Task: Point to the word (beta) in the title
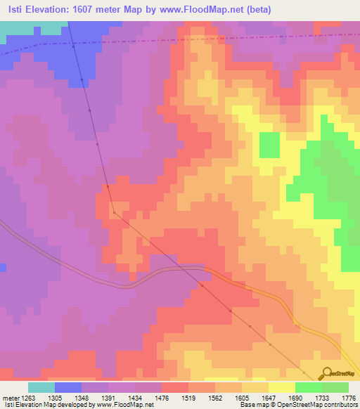271,9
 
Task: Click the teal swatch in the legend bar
41,387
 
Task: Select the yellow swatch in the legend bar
282,387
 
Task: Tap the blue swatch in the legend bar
68,387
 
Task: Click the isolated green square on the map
269,144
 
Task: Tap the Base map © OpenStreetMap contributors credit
297,404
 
